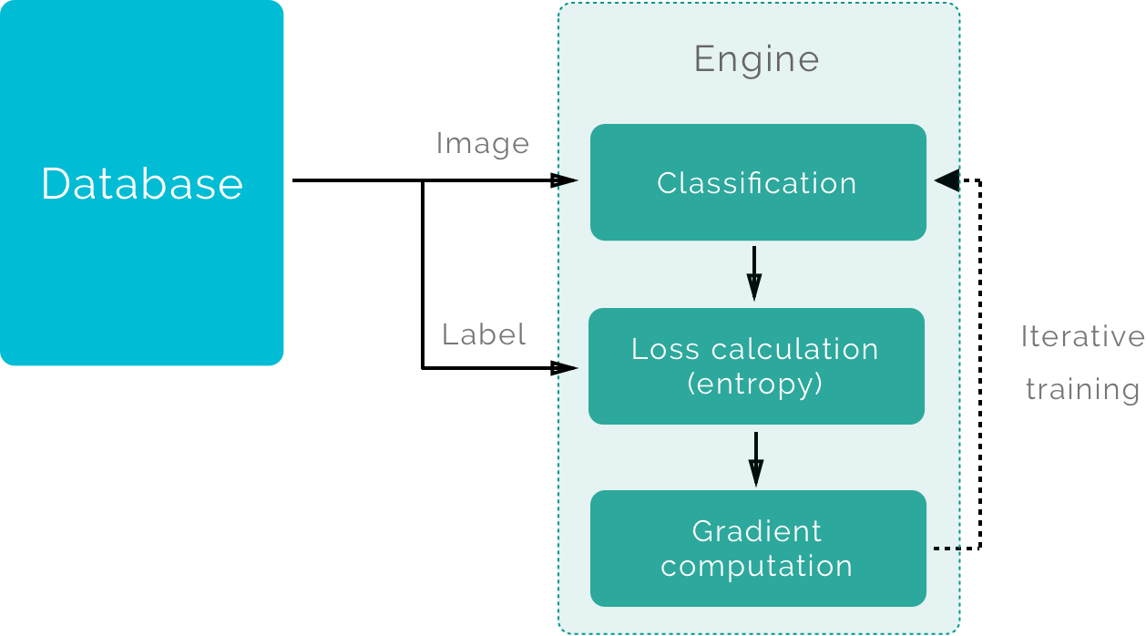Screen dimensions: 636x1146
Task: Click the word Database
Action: tap(142, 184)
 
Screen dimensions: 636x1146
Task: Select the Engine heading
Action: tap(756, 60)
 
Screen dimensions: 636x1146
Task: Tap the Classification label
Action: tap(756, 183)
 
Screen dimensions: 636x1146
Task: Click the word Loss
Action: tap(667, 349)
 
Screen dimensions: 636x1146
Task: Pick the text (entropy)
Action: tap(755, 384)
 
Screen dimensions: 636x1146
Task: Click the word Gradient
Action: tap(756, 531)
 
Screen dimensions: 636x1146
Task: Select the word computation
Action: tap(756, 566)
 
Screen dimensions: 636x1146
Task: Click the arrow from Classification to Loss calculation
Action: tap(754, 272)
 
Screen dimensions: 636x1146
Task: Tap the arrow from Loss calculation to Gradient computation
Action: tap(755, 458)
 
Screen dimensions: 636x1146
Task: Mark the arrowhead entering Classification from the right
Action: tap(946, 180)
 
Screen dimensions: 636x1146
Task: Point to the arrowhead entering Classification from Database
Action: tap(566, 180)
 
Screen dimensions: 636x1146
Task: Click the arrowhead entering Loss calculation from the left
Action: tap(566, 369)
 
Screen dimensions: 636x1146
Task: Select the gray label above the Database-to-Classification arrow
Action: tap(496, 144)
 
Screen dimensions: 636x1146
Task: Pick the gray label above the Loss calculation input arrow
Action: tap(499, 334)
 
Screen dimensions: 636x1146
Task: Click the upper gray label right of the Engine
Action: tap(1083, 336)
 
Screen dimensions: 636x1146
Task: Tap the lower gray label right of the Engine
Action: tap(1084, 391)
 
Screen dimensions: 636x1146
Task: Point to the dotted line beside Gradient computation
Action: tap(947, 548)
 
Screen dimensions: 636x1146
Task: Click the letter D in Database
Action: tap(56, 184)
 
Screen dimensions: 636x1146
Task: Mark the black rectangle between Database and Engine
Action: tap(488, 273)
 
